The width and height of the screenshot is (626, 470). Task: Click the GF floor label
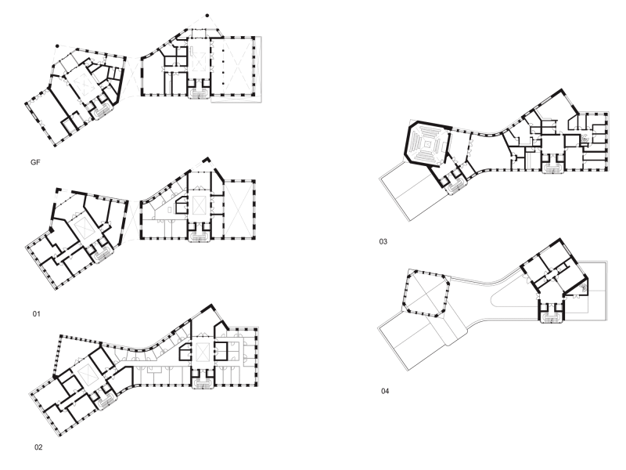point(35,162)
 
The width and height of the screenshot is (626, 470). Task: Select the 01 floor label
point(36,314)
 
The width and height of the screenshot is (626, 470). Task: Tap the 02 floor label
point(38,447)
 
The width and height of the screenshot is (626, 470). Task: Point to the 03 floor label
point(383,241)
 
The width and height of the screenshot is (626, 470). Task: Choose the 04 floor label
point(385,391)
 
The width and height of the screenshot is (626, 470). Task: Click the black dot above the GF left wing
point(57,46)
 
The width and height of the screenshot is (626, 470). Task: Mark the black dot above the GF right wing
point(207,16)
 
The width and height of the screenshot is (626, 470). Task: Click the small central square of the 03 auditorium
point(427,144)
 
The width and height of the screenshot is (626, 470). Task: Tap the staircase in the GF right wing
point(200,94)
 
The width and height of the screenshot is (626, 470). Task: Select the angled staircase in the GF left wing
point(102,112)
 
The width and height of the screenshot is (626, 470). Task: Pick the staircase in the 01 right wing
point(200,237)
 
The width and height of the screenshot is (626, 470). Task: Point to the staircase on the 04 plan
point(552,317)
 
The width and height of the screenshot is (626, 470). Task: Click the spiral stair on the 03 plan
point(585,139)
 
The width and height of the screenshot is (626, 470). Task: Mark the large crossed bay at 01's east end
point(239,210)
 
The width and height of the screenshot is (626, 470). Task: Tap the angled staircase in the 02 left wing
point(106,401)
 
